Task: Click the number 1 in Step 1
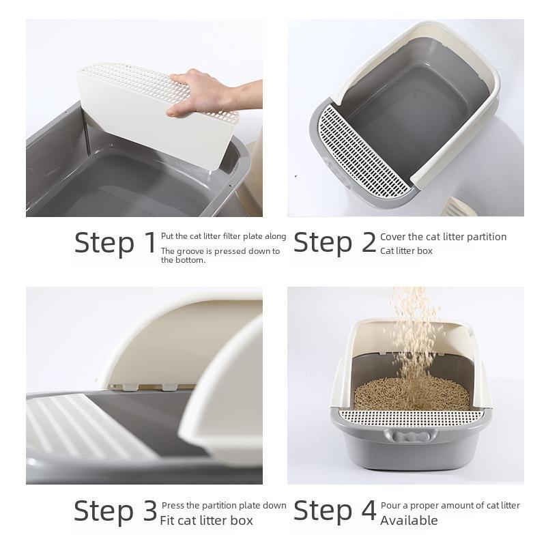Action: coord(150,243)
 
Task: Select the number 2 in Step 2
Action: coord(369,243)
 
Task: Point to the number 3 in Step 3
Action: coord(150,511)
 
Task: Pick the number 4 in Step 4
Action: coord(369,511)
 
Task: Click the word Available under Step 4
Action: coord(409,520)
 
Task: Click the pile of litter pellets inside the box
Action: coord(412,394)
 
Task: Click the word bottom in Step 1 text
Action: coord(192,260)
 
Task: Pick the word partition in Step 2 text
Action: coord(487,237)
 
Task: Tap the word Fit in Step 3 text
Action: coord(167,520)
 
